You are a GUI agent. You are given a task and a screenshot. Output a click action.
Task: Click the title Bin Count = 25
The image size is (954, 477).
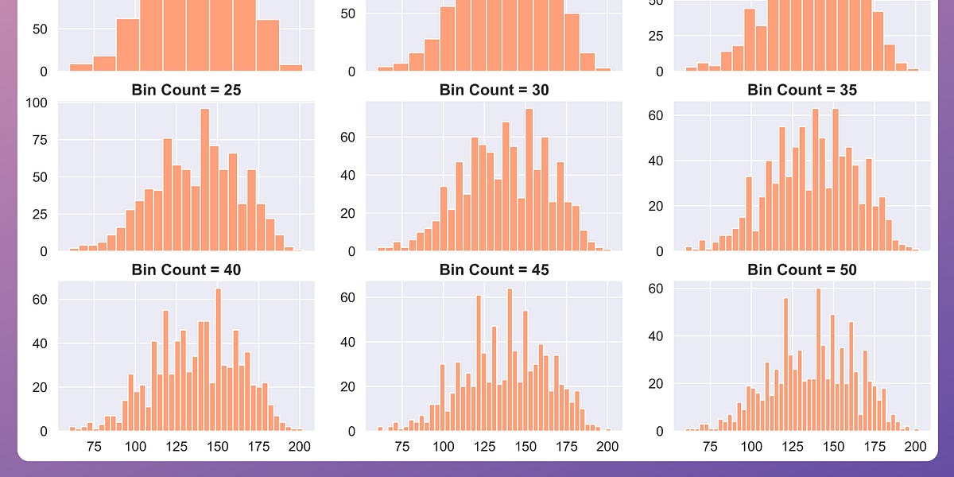coord(186,90)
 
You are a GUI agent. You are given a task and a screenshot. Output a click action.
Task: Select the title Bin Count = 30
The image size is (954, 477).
coord(494,90)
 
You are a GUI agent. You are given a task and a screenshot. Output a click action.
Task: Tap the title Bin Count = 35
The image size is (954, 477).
coord(802,90)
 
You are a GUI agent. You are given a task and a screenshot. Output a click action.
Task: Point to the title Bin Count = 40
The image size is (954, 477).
coord(186,270)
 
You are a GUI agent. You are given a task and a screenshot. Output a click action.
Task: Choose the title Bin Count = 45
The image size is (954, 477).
coord(494,270)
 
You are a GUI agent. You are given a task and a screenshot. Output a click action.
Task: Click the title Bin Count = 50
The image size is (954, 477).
coord(802,270)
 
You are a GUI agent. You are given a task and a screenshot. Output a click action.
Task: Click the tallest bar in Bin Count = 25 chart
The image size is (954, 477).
coord(204,180)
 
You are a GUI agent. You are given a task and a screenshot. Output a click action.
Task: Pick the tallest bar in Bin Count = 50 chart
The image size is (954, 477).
coord(818,359)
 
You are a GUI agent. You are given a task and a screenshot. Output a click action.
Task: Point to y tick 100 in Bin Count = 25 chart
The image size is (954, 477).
coord(37,103)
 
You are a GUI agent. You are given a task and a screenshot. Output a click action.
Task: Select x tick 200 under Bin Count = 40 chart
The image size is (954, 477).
coord(300,446)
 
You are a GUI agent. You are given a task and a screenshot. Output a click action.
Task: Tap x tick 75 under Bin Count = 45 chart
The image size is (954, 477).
coord(402,446)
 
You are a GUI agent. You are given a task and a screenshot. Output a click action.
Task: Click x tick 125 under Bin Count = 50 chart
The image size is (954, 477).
coord(793,446)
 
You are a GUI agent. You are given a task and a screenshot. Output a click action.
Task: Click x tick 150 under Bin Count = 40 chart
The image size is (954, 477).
coord(218,446)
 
